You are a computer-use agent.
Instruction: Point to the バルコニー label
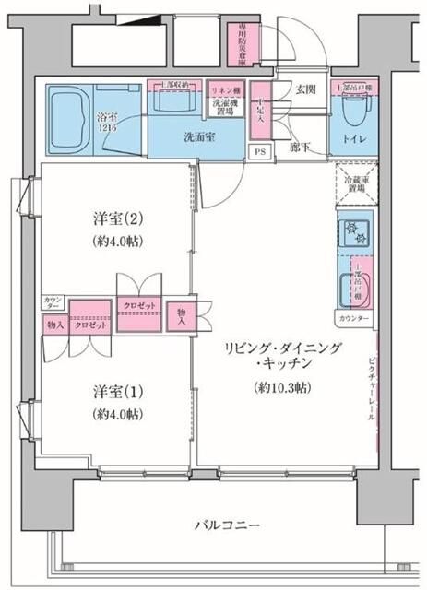225,525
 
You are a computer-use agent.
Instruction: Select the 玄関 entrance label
305,89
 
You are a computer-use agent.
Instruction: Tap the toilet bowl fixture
353,111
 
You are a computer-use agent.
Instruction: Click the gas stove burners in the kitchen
354,231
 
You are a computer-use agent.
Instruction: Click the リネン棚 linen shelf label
223,89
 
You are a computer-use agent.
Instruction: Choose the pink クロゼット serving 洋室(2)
137,305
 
